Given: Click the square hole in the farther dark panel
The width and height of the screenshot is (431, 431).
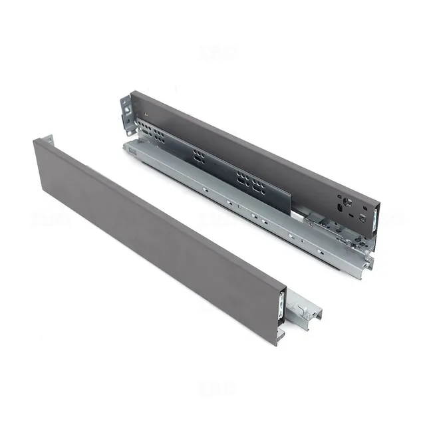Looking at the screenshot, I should click(362, 217).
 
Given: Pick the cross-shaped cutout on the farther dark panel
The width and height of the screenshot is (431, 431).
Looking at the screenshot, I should click(344, 199).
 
